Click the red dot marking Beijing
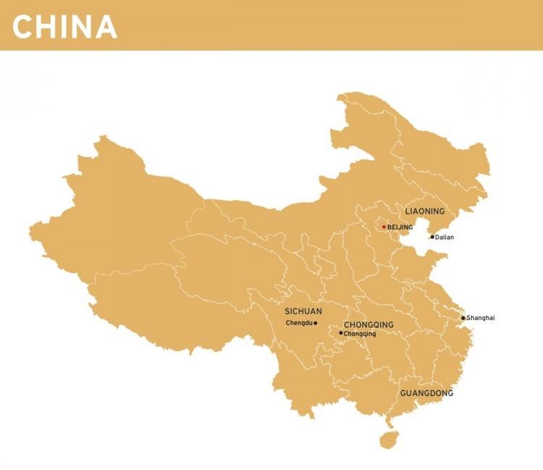384,227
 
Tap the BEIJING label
400,227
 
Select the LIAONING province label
424,211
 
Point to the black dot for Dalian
432,237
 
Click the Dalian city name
445,238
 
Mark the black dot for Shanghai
463,318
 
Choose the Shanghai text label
481,318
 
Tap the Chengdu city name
298,323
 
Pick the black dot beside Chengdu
316,323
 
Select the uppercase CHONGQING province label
369,325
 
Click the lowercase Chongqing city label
360,334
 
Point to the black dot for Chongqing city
341,333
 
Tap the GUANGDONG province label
426,393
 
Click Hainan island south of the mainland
389,439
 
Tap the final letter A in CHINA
106,27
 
